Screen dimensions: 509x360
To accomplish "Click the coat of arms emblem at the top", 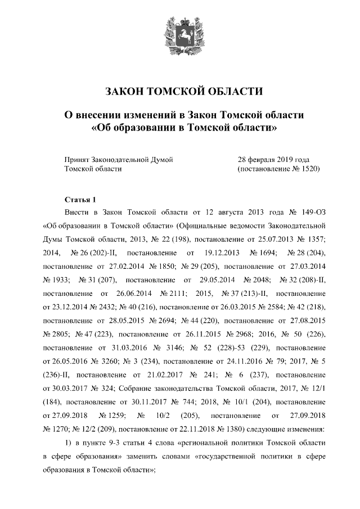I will [x=179, y=35].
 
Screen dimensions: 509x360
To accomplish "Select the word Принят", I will [x=77, y=159].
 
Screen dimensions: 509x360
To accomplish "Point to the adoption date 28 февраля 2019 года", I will [x=274, y=159].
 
